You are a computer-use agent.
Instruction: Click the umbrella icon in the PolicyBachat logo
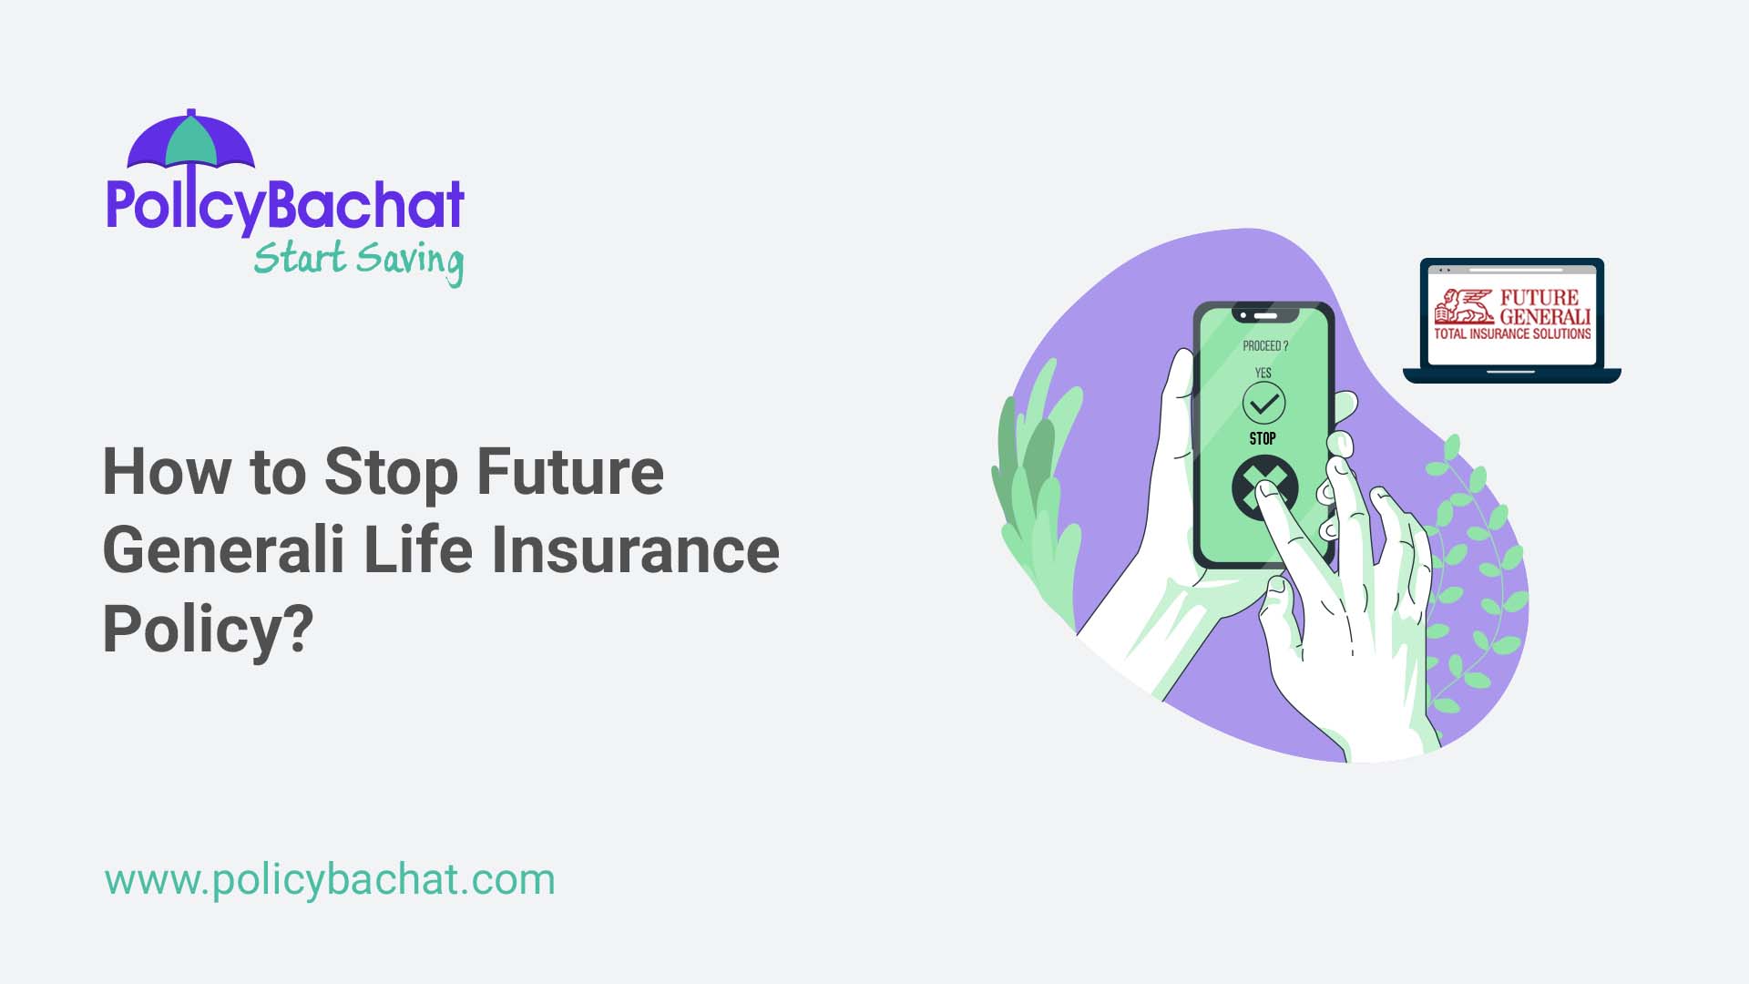pyautogui.click(x=191, y=142)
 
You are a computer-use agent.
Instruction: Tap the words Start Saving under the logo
pyautogui.click(x=358, y=261)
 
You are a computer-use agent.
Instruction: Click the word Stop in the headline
pyautogui.click(x=391, y=472)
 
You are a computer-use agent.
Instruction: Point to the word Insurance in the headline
pyautogui.click(x=635, y=550)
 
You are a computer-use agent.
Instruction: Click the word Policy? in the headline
pyautogui.click(x=208, y=629)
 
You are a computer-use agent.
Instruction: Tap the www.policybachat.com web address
pyautogui.click(x=330, y=880)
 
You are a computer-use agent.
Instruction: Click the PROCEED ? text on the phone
pyautogui.click(x=1265, y=346)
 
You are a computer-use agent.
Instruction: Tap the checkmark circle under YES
pyautogui.click(x=1263, y=403)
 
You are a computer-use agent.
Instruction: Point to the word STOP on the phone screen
pyautogui.click(x=1263, y=439)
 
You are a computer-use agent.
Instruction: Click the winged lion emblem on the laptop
pyautogui.click(x=1463, y=307)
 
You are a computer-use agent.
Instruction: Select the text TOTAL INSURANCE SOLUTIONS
pyautogui.click(x=1512, y=334)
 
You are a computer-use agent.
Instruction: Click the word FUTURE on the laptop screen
pyautogui.click(x=1539, y=297)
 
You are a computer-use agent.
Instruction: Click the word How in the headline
pyautogui.click(x=167, y=472)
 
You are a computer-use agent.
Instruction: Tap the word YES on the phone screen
pyautogui.click(x=1263, y=373)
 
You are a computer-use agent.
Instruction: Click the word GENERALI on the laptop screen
pyautogui.click(x=1545, y=316)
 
